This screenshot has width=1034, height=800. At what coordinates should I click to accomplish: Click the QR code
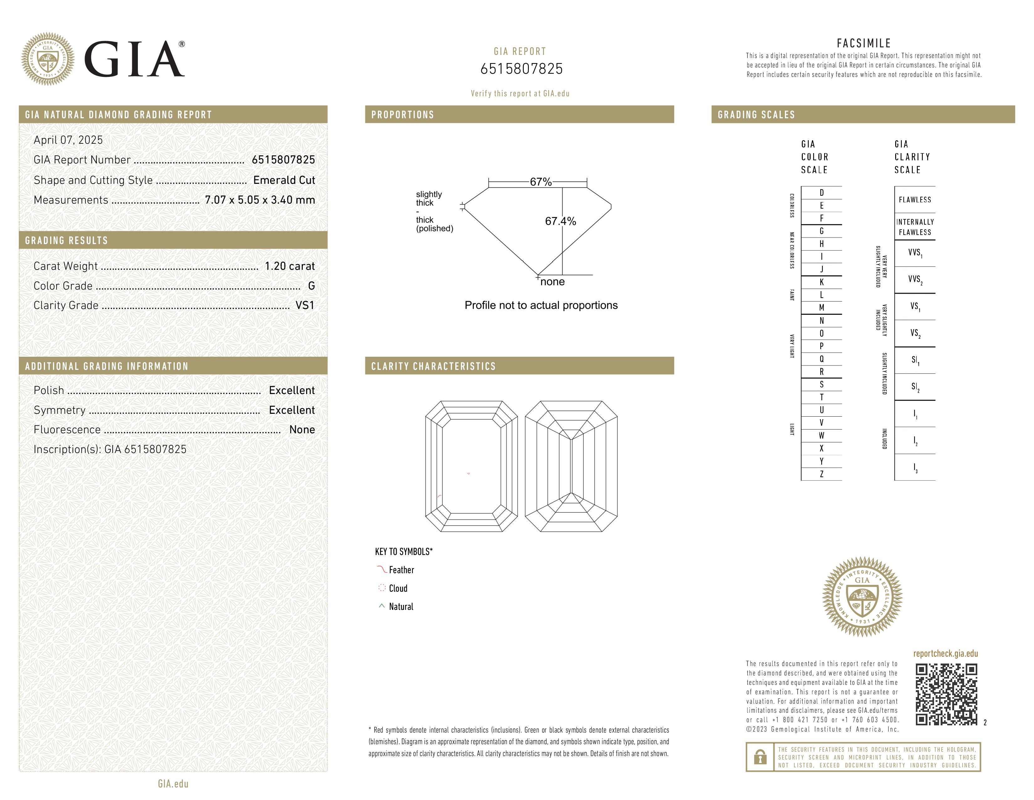(946, 694)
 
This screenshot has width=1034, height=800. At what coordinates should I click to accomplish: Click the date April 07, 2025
(68, 140)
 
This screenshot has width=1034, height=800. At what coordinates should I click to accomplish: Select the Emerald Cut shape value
(284, 180)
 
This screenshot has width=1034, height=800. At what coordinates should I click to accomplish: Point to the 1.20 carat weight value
(289, 266)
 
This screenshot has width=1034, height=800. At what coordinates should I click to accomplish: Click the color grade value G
(311, 286)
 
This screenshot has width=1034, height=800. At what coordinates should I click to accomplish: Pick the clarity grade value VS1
(305, 305)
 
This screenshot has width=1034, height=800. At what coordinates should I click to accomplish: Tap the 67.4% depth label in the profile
(560, 221)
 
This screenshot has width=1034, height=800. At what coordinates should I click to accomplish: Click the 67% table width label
(541, 182)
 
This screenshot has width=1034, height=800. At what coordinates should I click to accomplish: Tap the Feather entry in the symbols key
(401, 570)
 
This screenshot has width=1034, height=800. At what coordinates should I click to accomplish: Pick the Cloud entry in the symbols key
(398, 589)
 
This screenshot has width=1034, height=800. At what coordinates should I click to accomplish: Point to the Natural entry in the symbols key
(400, 607)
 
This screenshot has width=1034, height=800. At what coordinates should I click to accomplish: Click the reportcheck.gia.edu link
(945, 653)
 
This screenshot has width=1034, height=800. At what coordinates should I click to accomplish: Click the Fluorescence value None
(302, 429)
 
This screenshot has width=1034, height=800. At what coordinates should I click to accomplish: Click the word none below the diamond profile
(552, 282)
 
